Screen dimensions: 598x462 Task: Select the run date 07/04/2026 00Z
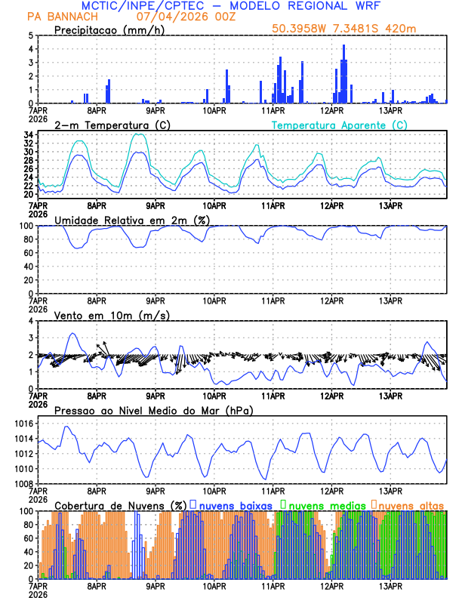185,17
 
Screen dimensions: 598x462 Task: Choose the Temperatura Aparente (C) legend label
340,125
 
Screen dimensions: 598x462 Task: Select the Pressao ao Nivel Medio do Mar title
153,410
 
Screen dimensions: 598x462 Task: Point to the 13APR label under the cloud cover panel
390,585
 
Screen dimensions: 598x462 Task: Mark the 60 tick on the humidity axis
29,253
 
